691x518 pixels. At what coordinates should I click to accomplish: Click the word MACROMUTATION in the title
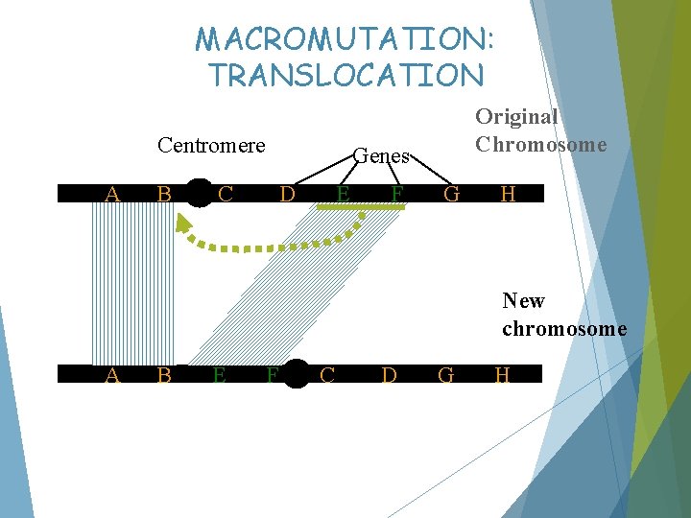click(345, 39)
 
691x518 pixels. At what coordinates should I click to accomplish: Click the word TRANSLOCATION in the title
click(346, 75)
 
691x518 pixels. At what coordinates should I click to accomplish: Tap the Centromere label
click(211, 146)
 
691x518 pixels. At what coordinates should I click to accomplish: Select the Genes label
click(382, 155)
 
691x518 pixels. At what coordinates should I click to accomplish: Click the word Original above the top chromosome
click(516, 117)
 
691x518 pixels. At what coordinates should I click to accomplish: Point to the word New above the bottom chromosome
click(523, 301)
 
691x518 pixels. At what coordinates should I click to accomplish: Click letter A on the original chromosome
click(112, 194)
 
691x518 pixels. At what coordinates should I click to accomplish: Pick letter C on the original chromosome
click(226, 194)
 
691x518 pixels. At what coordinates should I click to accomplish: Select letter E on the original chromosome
click(343, 194)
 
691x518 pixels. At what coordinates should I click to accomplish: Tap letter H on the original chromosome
click(509, 194)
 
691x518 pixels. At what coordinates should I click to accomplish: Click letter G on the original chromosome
click(452, 194)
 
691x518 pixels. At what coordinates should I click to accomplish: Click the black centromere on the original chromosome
click(198, 193)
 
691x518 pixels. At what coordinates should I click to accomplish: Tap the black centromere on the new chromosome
click(296, 374)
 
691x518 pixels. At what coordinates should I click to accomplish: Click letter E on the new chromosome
click(219, 375)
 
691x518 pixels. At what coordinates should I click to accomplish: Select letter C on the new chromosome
click(327, 374)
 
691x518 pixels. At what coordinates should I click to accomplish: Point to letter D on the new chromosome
click(389, 374)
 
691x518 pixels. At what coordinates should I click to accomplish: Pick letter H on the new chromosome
click(502, 374)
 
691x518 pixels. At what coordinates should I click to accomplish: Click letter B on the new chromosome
click(164, 375)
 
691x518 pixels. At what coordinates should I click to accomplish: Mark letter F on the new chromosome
click(273, 375)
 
